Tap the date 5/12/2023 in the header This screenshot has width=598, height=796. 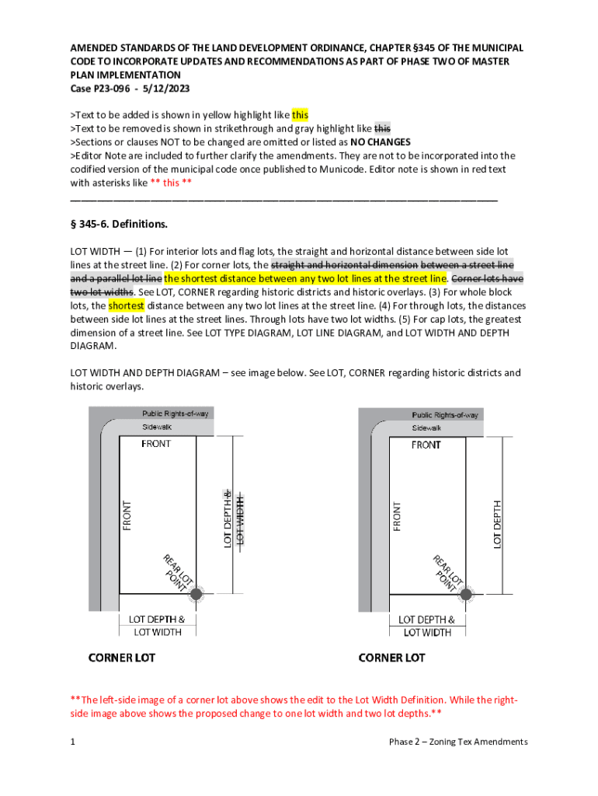[x=165, y=89]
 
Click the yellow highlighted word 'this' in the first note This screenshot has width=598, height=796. [x=300, y=115]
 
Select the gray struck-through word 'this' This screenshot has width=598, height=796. [x=383, y=128]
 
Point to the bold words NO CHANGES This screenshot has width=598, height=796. [x=381, y=142]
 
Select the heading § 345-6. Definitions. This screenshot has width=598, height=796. [x=119, y=225]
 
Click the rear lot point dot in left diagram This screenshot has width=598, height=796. [x=196, y=595]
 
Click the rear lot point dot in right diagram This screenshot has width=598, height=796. [x=466, y=595]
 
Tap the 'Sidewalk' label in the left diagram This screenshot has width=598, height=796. [x=156, y=428]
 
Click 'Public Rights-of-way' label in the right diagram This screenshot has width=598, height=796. [x=445, y=414]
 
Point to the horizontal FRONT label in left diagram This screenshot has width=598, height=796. [x=156, y=444]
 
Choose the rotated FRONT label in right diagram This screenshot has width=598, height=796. [x=397, y=516]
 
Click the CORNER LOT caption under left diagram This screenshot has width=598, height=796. [x=121, y=658]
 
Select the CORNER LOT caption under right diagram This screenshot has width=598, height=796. [x=391, y=658]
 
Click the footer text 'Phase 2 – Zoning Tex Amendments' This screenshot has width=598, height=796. [x=458, y=742]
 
